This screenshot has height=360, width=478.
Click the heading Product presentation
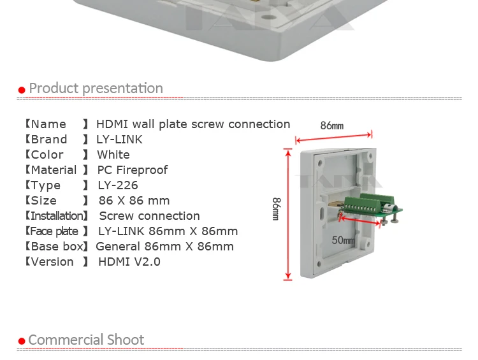[96, 89]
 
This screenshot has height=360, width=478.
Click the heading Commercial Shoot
[86, 340]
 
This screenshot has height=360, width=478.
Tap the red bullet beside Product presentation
[22, 90]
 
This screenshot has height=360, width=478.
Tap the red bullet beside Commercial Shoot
[22, 341]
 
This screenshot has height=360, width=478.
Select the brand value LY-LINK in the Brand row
[119, 140]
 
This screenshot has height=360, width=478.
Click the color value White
[113, 155]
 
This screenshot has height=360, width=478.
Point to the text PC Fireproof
[133, 169]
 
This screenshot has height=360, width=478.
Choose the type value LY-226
[118, 185]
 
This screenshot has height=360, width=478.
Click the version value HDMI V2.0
[129, 261]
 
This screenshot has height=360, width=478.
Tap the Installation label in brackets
[57, 216]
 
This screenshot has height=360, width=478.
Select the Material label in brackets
[57, 169]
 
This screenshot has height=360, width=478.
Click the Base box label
[57, 247]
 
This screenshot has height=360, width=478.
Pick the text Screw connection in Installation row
[149, 216]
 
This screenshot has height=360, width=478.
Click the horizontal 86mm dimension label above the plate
[332, 126]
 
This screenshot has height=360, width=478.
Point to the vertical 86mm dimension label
[276, 209]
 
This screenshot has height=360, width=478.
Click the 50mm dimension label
[344, 240]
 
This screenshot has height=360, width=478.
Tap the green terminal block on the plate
[368, 203]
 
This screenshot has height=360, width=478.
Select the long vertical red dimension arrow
[288, 214]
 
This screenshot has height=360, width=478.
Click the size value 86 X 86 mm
[134, 201]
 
